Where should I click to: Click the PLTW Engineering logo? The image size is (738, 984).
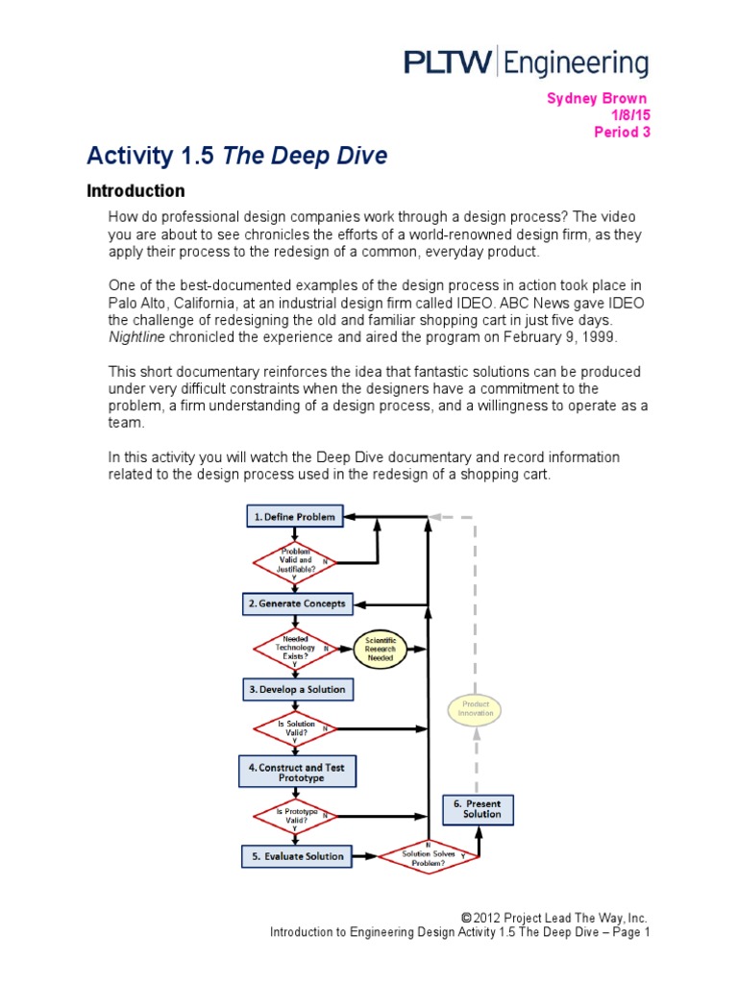[x=525, y=63]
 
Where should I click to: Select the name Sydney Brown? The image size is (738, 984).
[x=597, y=99]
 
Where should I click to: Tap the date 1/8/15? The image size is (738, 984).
[x=631, y=115]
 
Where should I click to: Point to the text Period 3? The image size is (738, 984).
[x=622, y=133]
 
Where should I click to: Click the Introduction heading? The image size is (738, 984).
[x=135, y=190]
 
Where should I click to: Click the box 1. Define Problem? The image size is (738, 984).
[x=294, y=517]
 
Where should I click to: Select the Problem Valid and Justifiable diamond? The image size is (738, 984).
[x=295, y=560]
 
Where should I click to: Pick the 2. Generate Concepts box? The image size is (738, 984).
[x=296, y=603]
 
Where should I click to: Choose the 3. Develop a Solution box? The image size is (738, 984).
[x=295, y=690]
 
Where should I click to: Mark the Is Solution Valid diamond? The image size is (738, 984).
[x=295, y=729]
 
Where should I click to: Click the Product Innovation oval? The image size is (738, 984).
[x=476, y=710]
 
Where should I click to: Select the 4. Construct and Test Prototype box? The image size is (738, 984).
[x=295, y=772]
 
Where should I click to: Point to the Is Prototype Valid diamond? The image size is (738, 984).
[x=295, y=816]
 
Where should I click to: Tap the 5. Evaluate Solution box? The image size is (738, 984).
[x=296, y=855]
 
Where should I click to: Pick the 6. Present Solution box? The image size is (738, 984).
[x=478, y=808]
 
